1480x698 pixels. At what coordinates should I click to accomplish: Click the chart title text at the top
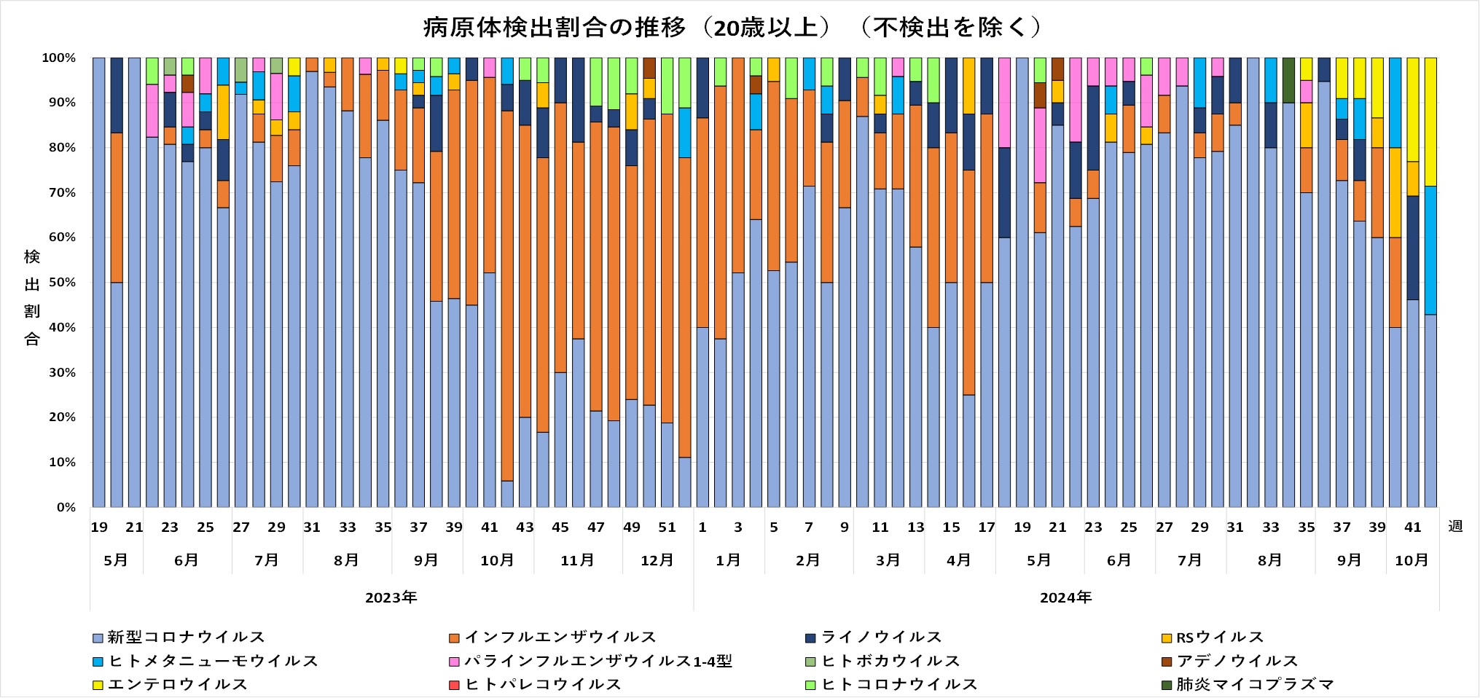pos(732,28)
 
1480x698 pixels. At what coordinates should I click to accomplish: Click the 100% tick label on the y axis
pos(59,58)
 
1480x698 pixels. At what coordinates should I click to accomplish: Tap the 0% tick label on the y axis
pos(66,507)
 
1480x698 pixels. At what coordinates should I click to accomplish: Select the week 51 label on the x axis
pos(667,528)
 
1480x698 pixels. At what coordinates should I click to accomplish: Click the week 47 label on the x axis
pos(596,528)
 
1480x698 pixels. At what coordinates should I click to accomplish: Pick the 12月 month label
pos(657,560)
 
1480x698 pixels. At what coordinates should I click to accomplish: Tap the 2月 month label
pos(808,560)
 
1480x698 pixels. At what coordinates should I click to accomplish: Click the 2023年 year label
pos(391,598)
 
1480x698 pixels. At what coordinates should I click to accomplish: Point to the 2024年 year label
pos(1065,598)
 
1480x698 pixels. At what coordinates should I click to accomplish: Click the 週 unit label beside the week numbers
pos(1455,526)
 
